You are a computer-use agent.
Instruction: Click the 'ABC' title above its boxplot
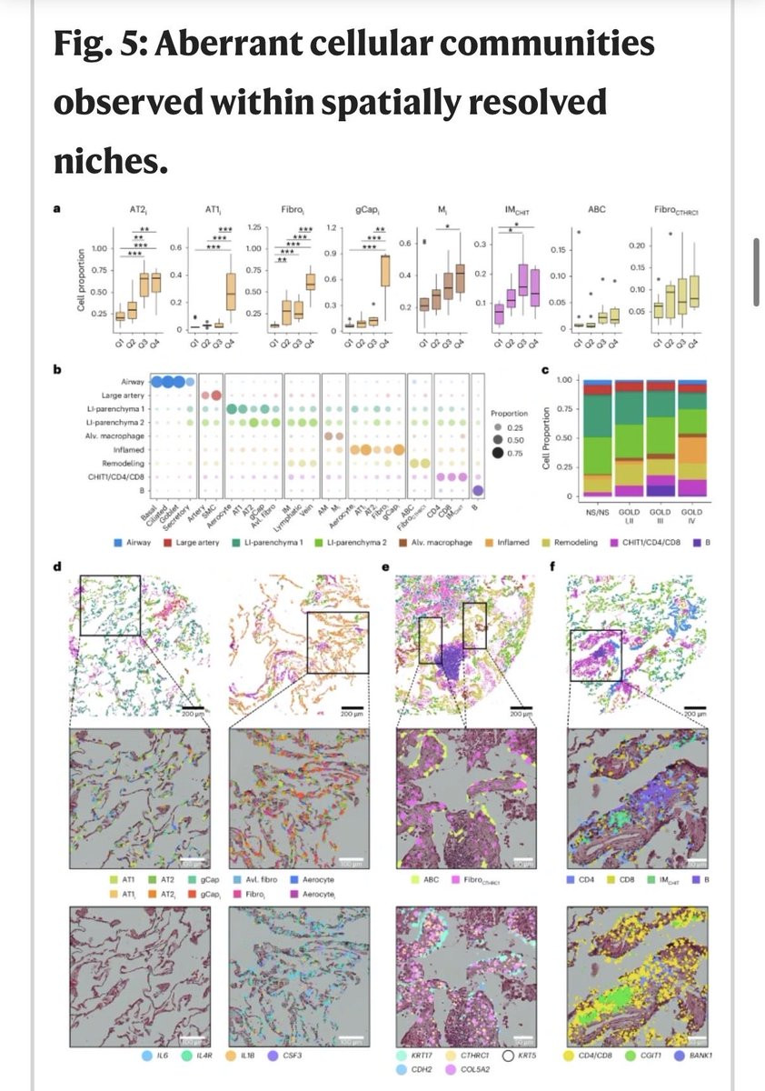[x=596, y=210]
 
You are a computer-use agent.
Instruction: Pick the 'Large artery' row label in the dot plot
[x=123, y=395]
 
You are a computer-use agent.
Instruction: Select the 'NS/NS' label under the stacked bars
[x=597, y=513]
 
